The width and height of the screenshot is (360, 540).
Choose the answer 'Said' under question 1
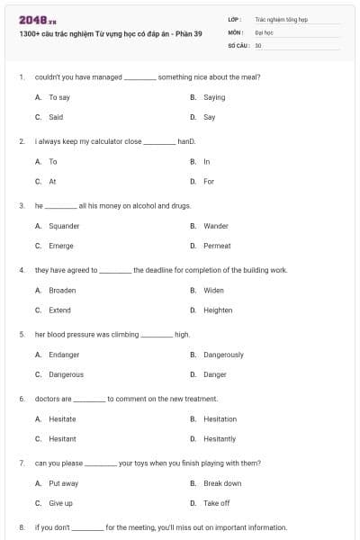click(56, 117)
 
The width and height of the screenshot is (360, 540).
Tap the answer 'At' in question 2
click(52, 181)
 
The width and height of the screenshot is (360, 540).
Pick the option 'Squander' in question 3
click(64, 226)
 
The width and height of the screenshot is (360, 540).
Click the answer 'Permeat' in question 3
click(217, 246)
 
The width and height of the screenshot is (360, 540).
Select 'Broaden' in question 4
click(62, 291)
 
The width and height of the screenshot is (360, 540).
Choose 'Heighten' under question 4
click(218, 310)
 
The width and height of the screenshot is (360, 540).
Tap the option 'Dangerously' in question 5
click(223, 355)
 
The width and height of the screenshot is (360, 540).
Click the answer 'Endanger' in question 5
click(64, 355)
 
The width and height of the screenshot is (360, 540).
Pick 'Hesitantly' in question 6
click(220, 438)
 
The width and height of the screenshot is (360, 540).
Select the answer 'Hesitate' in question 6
click(62, 418)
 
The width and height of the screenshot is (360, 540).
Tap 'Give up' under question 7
click(61, 503)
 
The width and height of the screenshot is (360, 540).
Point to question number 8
click(21, 527)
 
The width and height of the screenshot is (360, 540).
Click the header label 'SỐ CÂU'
click(238, 44)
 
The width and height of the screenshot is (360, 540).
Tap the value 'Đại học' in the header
click(264, 31)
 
